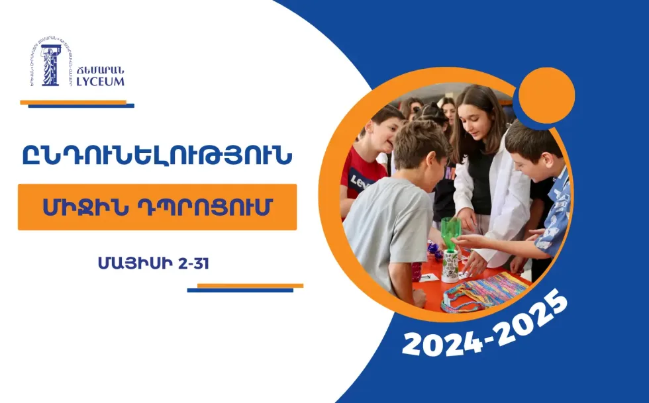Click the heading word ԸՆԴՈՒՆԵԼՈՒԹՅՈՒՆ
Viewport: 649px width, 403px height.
[157, 156]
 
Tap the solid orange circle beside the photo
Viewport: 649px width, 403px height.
[546, 95]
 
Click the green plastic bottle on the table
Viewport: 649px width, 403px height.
[451, 232]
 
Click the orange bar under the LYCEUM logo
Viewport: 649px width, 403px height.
[73, 102]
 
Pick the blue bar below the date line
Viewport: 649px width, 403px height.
[240, 290]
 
